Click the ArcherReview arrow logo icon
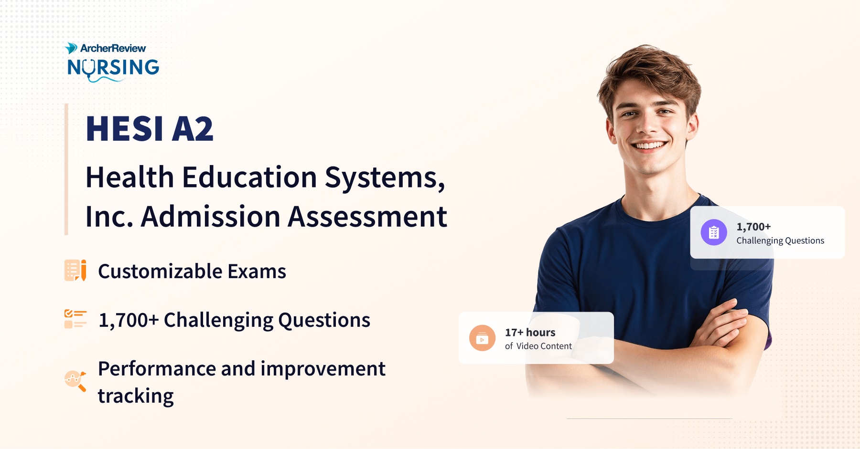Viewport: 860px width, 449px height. coord(71,48)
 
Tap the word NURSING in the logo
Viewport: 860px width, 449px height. coord(113,68)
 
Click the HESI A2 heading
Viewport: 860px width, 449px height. coord(150,129)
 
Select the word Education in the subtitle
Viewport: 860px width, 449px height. coord(249,178)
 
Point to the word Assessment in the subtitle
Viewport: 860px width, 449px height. coord(367,217)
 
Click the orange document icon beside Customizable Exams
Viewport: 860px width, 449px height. coord(75,271)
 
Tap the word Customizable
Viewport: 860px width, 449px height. coord(160,271)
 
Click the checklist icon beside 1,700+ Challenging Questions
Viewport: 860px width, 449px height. coord(75,319)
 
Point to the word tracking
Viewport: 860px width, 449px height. coord(136,396)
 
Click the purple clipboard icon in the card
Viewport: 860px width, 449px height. coord(714,232)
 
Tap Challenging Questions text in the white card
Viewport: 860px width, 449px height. coord(780,240)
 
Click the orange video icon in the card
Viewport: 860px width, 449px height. coord(482,338)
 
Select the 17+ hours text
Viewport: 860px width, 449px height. coord(530,332)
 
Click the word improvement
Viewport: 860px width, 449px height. coord(322,369)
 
